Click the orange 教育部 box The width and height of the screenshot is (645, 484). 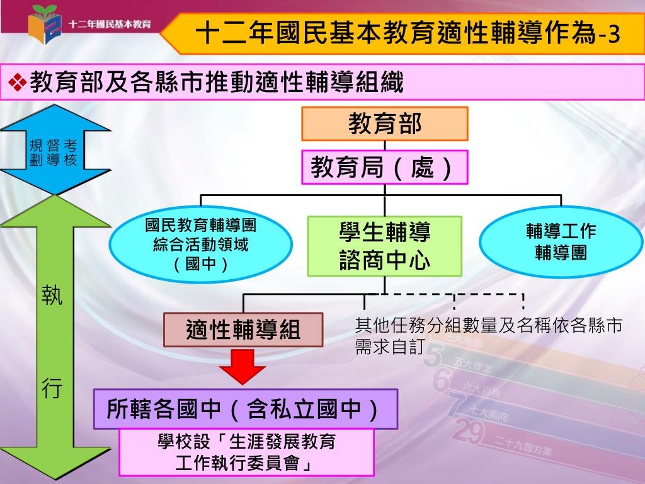[385, 124]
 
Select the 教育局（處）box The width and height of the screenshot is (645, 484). [385, 167]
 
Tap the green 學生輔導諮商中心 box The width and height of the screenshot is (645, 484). [385, 246]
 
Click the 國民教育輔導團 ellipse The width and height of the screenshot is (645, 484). [200, 245]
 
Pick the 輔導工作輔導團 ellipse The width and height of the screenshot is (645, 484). [561, 242]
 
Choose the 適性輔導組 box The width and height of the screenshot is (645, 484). [243, 330]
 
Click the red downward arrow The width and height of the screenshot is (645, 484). [242, 366]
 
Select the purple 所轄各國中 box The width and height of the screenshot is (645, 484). [246, 409]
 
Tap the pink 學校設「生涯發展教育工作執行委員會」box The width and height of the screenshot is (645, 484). [246, 452]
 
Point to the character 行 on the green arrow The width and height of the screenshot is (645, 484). [52, 389]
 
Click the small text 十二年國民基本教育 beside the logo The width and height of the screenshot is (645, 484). [110, 25]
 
